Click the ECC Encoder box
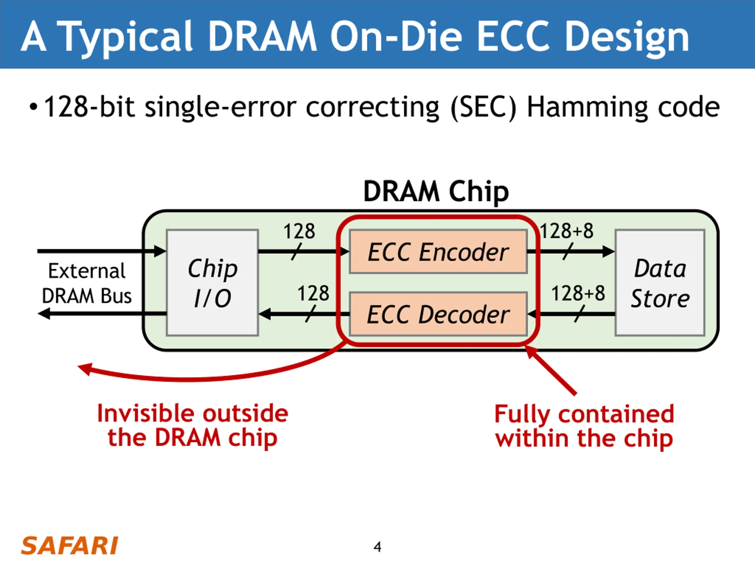[438, 252]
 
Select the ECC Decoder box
[438, 314]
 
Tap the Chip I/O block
[212, 283]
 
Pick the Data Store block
[660, 283]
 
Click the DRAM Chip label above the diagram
[436, 191]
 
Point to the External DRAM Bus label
[87, 283]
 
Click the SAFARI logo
[69, 546]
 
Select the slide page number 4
[377, 547]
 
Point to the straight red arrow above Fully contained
[550, 370]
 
